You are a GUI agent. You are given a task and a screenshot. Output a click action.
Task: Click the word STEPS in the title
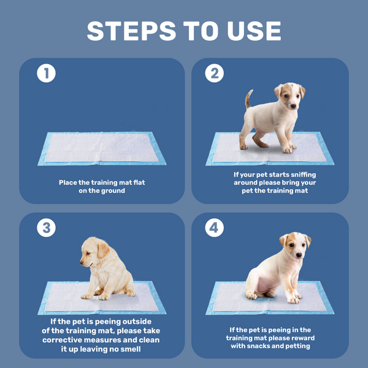point(131,31)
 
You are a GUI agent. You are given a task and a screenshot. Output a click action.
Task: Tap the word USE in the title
point(254,31)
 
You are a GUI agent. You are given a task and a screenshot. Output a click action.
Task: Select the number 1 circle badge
point(46,73)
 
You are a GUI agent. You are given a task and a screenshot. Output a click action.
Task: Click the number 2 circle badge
point(214,73)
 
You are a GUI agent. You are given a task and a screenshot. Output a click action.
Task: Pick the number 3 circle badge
point(46,228)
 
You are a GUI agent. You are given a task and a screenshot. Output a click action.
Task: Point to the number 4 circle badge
point(214,228)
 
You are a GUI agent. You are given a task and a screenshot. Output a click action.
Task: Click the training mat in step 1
point(102,148)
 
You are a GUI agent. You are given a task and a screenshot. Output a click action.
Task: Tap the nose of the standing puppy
point(293,106)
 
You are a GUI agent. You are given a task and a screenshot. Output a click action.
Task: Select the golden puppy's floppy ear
point(103,250)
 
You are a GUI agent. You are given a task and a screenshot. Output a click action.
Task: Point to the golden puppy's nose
point(82,263)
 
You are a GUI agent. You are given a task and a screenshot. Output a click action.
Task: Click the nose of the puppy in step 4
point(299,255)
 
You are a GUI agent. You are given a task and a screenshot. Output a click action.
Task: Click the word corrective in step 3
point(62,340)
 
